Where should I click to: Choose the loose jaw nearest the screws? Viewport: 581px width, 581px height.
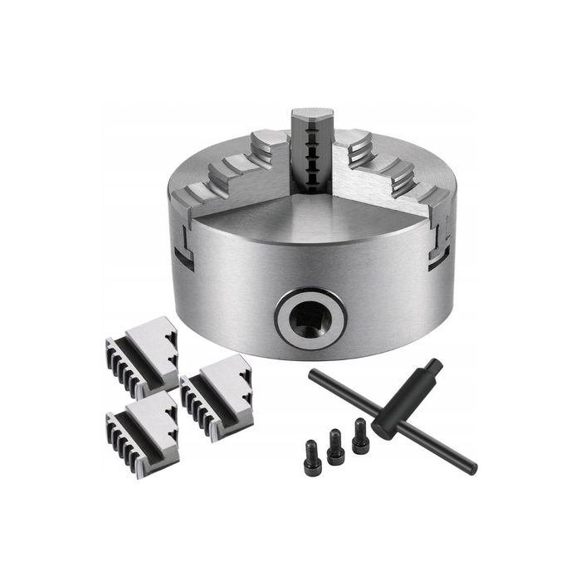(x=218, y=394)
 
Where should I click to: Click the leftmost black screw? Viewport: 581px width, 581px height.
(x=312, y=456)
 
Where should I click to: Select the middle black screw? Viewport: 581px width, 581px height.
(x=335, y=447)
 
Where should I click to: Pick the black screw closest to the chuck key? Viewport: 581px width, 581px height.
(x=360, y=437)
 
